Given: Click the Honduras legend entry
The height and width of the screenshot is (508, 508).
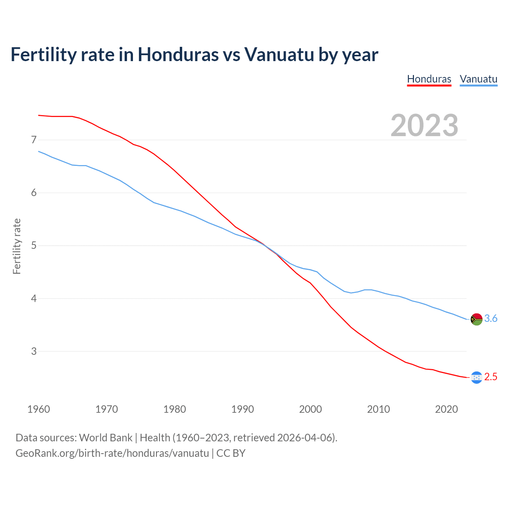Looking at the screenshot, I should pyautogui.click(x=429, y=79).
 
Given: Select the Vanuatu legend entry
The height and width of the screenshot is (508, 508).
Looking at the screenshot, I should pyautogui.click(x=478, y=79).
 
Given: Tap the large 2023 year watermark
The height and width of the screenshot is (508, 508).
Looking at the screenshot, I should pyautogui.click(x=424, y=125).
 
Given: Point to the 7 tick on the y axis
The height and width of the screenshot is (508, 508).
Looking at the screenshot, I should pyautogui.click(x=34, y=140).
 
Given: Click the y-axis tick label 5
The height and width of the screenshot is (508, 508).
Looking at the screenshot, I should pyautogui.click(x=34, y=245).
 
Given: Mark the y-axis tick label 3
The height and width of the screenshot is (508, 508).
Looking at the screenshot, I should pyautogui.click(x=34, y=351).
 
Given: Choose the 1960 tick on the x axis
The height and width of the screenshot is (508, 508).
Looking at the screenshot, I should pyautogui.click(x=38, y=409).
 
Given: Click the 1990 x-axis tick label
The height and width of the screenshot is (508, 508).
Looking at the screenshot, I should pyautogui.click(x=242, y=409).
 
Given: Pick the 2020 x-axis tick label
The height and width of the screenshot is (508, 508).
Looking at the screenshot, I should pyautogui.click(x=446, y=409).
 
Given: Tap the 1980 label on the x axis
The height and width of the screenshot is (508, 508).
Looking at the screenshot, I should pyautogui.click(x=175, y=409).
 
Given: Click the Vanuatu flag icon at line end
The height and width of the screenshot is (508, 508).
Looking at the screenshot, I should pyautogui.click(x=476, y=319).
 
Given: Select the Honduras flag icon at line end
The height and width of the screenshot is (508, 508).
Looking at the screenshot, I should pyautogui.click(x=476, y=377).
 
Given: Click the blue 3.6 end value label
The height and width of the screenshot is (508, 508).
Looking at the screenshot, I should pyautogui.click(x=491, y=319).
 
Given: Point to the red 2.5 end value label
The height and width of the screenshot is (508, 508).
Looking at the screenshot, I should pyautogui.click(x=491, y=377).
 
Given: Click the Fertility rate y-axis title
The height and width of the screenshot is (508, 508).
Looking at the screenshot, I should pyautogui.click(x=17, y=246).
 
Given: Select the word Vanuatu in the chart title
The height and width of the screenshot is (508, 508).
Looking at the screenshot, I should pyautogui.click(x=279, y=54).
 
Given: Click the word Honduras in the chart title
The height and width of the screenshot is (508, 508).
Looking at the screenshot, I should pyautogui.click(x=178, y=54).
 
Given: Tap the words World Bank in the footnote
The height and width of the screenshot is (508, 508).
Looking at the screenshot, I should pyautogui.click(x=106, y=438).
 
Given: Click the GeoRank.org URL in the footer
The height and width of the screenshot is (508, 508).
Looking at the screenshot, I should pyautogui.click(x=112, y=453).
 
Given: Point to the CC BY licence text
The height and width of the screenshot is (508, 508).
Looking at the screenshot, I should pyautogui.click(x=231, y=453).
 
